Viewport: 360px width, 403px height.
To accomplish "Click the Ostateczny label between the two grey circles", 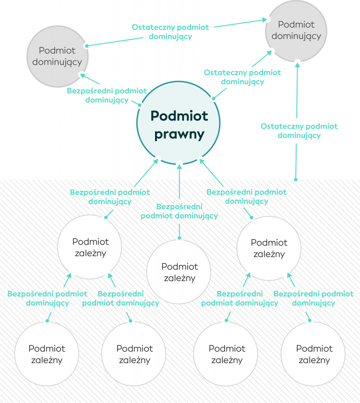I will pos(170,32).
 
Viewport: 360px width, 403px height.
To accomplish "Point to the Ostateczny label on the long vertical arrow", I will pos(299,131).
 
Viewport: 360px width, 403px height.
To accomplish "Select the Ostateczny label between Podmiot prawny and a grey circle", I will pos(242,77).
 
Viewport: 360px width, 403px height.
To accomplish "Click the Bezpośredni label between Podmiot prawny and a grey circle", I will pos(107,95).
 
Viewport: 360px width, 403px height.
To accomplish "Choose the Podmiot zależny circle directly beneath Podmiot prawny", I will pos(179,272).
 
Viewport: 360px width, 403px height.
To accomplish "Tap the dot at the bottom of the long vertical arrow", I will pos(296,180).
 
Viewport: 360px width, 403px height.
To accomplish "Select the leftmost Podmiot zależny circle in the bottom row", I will pos(47,354).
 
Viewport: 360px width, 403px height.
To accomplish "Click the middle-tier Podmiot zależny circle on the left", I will pos(90,247).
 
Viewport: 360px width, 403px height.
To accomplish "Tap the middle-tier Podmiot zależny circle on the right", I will pos(269,248).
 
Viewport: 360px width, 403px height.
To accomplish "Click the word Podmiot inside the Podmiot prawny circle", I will pos(179,116).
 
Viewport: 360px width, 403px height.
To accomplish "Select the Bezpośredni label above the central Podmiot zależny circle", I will pos(179,211).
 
